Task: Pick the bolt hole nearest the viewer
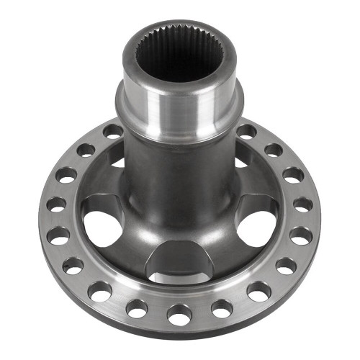click(x=179, y=315)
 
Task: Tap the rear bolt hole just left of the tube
click(x=112, y=131)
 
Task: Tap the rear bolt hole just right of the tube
click(x=246, y=132)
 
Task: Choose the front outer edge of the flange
click(x=180, y=333)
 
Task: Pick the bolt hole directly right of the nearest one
click(x=221, y=308)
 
